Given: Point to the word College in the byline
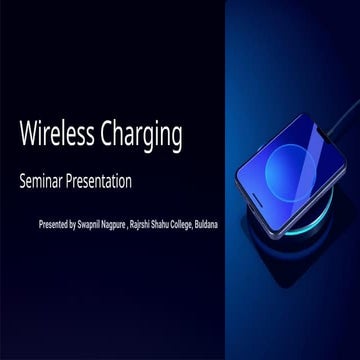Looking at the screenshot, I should (233, 224).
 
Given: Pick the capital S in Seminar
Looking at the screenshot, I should (22, 183).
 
